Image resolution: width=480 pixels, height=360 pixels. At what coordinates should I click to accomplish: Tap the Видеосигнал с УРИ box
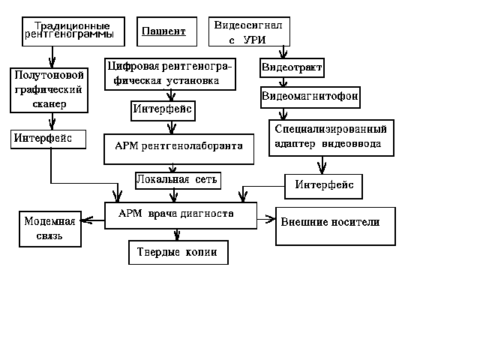click(x=248, y=32)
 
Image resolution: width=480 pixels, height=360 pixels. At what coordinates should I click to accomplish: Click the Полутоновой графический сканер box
click(x=52, y=89)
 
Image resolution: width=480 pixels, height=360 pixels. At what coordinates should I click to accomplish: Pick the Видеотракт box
click(x=292, y=68)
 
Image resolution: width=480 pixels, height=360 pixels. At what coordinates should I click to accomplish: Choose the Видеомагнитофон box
click(x=310, y=97)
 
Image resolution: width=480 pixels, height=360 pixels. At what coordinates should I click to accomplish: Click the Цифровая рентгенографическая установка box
click(x=169, y=73)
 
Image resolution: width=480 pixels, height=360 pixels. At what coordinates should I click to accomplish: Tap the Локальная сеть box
click(x=178, y=180)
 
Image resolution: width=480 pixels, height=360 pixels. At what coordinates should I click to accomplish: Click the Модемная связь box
click(x=49, y=229)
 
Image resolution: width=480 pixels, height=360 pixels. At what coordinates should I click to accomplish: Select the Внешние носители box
click(x=334, y=226)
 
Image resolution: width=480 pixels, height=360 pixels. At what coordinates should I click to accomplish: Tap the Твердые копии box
click(x=177, y=252)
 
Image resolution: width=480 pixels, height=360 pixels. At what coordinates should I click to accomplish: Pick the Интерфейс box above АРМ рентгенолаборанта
click(x=163, y=109)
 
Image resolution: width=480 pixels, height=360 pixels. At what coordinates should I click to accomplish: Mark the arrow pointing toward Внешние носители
click(x=267, y=220)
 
